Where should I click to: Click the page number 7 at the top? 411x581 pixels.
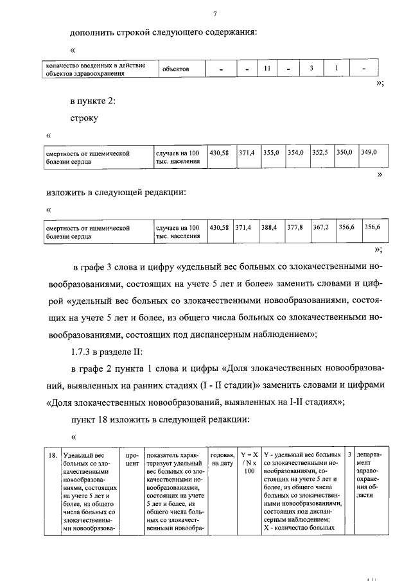click(x=215, y=13)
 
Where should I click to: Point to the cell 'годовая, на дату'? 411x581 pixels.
click(x=222, y=458)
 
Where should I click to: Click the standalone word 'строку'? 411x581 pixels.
click(x=84, y=118)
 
